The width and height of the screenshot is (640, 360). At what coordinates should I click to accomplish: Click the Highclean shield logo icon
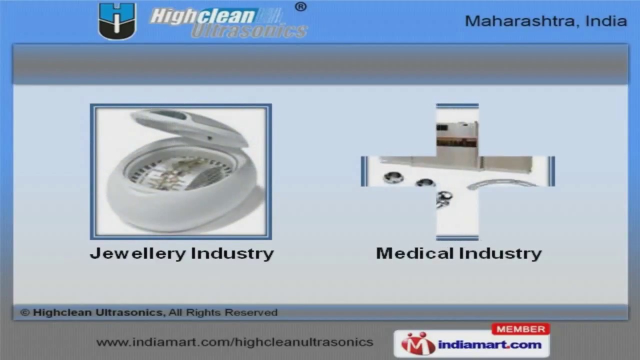pos(117,21)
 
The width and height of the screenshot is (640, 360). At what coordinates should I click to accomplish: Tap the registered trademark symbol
pos(300,7)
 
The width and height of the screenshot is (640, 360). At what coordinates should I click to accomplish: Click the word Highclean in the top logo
pos(202,16)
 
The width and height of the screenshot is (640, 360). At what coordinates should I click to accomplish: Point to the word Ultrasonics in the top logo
pos(248,31)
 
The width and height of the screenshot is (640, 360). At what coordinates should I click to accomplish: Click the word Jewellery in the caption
pos(137,253)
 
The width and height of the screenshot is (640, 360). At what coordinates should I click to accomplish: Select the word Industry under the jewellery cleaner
pos(232,253)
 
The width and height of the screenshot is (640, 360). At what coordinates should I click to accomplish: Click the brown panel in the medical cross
pos(456,141)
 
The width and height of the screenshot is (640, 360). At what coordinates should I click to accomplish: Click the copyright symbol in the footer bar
pos(24,312)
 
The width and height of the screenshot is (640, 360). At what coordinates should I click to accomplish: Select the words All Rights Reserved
pos(223,312)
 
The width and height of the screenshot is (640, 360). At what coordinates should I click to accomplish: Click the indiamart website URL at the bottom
pos(234,342)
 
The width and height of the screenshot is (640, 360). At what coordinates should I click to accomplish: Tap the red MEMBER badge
pos(520,329)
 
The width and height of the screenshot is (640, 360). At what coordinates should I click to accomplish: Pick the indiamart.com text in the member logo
pos(489,344)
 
